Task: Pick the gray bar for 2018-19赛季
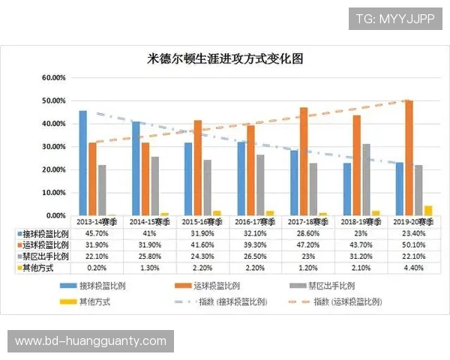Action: pos(366,179)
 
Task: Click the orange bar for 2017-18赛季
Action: pos(304,161)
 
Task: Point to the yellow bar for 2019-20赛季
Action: pos(428,210)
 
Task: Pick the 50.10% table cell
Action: pos(413,244)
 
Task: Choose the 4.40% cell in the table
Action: pos(413,266)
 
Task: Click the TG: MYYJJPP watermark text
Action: pos(394,18)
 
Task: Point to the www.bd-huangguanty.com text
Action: pos(90,341)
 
